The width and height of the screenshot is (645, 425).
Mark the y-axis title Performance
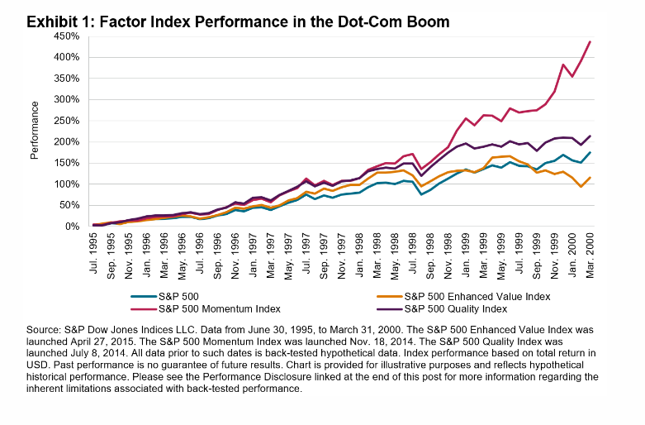(35, 131)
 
